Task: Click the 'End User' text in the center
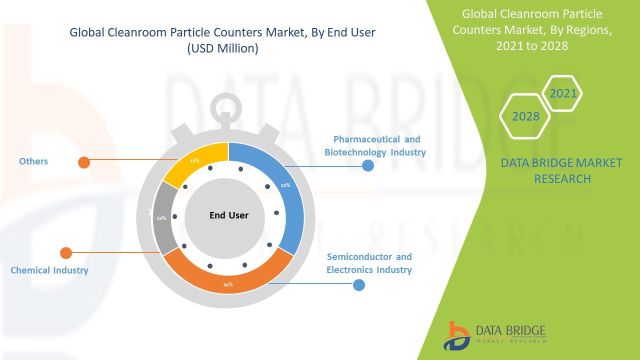tap(229, 215)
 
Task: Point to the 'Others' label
tap(33, 161)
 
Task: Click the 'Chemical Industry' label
tap(49, 270)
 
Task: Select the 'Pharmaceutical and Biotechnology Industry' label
tap(375, 145)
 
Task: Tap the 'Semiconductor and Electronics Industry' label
tap(369, 263)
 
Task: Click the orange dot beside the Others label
tap(84, 162)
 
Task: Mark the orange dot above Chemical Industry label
tap(66, 253)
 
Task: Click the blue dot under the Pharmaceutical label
tap(368, 165)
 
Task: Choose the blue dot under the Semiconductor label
tap(359, 285)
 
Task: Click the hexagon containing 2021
tap(562, 93)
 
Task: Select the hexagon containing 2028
tap(525, 116)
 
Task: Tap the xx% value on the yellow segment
tap(194, 161)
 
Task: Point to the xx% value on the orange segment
tap(227, 284)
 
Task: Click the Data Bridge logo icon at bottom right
tap(456, 335)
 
